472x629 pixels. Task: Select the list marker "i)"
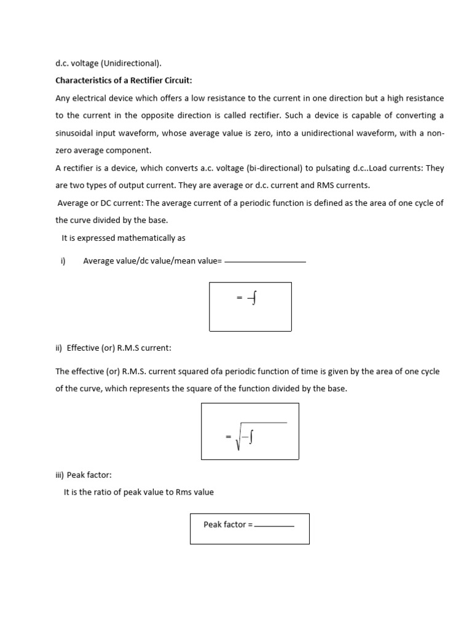click(x=63, y=261)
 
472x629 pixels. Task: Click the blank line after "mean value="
click(x=265, y=262)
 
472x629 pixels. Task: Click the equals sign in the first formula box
click(x=240, y=298)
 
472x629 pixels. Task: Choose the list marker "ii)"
click(x=59, y=348)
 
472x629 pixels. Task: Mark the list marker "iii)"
click(x=60, y=475)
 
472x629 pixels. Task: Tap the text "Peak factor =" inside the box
click(x=228, y=525)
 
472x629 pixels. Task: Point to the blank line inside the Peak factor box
click(x=275, y=526)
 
